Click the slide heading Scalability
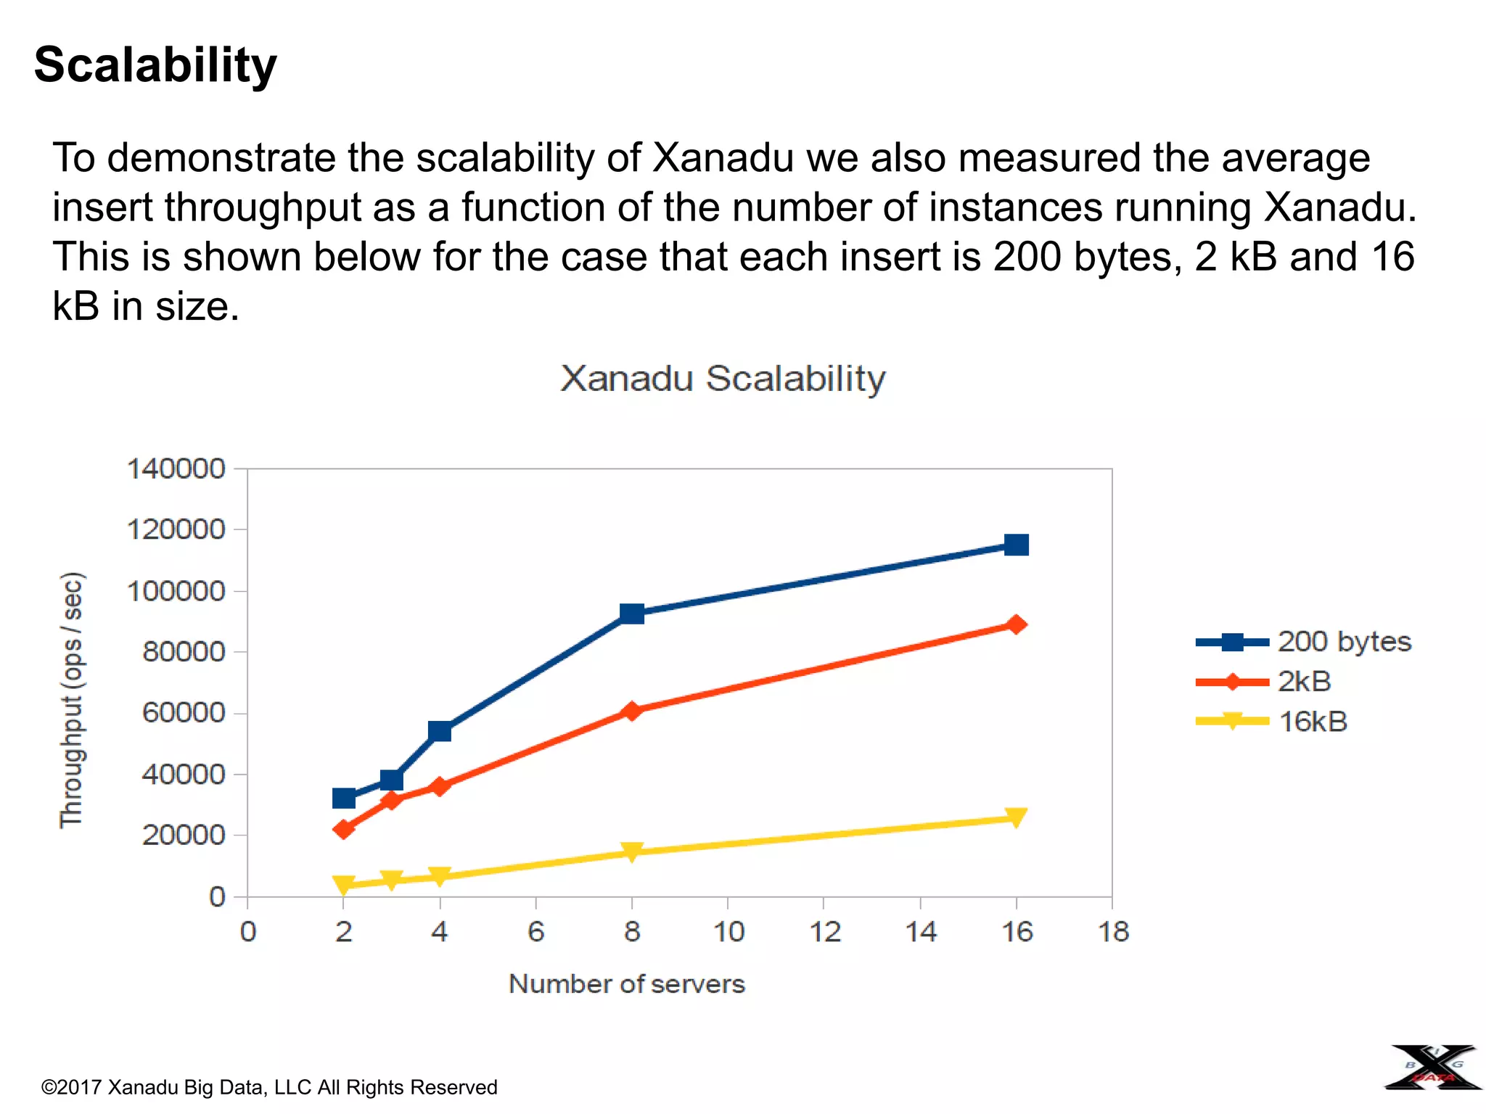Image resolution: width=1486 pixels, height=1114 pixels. click(x=155, y=65)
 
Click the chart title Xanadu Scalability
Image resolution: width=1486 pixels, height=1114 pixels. click(x=723, y=379)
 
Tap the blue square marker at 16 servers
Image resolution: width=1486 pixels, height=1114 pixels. click(x=1016, y=545)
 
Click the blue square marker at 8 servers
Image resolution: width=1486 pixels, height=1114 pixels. click(x=632, y=614)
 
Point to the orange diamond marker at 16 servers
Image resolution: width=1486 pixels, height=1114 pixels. click(x=1016, y=624)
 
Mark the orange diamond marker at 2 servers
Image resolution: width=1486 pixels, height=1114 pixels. click(x=344, y=829)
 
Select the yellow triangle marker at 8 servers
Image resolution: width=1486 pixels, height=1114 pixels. click(x=632, y=851)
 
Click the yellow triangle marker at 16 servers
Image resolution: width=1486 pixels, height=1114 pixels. click(x=1016, y=818)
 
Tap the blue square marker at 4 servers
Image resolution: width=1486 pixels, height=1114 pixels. click(x=440, y=731)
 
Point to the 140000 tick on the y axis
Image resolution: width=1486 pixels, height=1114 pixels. click(x=176, y=469)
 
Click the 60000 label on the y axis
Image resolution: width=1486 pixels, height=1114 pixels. click(x=184, y=713)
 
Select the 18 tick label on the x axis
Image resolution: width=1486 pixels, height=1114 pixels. click(x=1113, y=932)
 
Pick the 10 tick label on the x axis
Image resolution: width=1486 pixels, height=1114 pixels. click(x=728, y=932)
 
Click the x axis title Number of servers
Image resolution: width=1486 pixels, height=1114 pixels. click(x=627, y=984)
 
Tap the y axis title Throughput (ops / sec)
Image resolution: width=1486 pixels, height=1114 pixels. click(x=71, y=700)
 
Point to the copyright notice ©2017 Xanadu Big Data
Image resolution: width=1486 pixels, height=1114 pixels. click(x=269, y=1087)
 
